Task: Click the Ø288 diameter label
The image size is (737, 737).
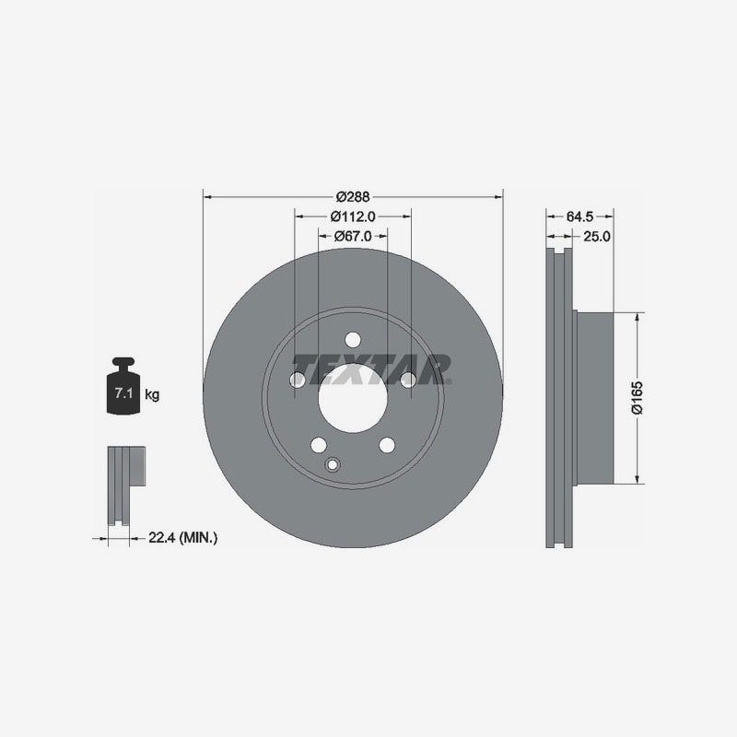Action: [x=353, y=196]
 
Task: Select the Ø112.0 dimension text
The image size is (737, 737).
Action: [x=353, y=216]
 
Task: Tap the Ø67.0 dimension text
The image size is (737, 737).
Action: [x=353, y=236]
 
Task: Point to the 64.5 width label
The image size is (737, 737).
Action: [x=579, y=216]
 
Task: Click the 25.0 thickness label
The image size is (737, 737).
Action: [x=596, y=237]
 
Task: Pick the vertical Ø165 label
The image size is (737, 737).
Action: [x=638, y=398]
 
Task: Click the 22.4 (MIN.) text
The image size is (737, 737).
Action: [x=182, y=537]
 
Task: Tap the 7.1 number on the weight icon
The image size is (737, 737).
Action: [x=123, y=393]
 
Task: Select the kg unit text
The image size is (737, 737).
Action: [x=152, y=394]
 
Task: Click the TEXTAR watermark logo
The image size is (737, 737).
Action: [x=371, y=370]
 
